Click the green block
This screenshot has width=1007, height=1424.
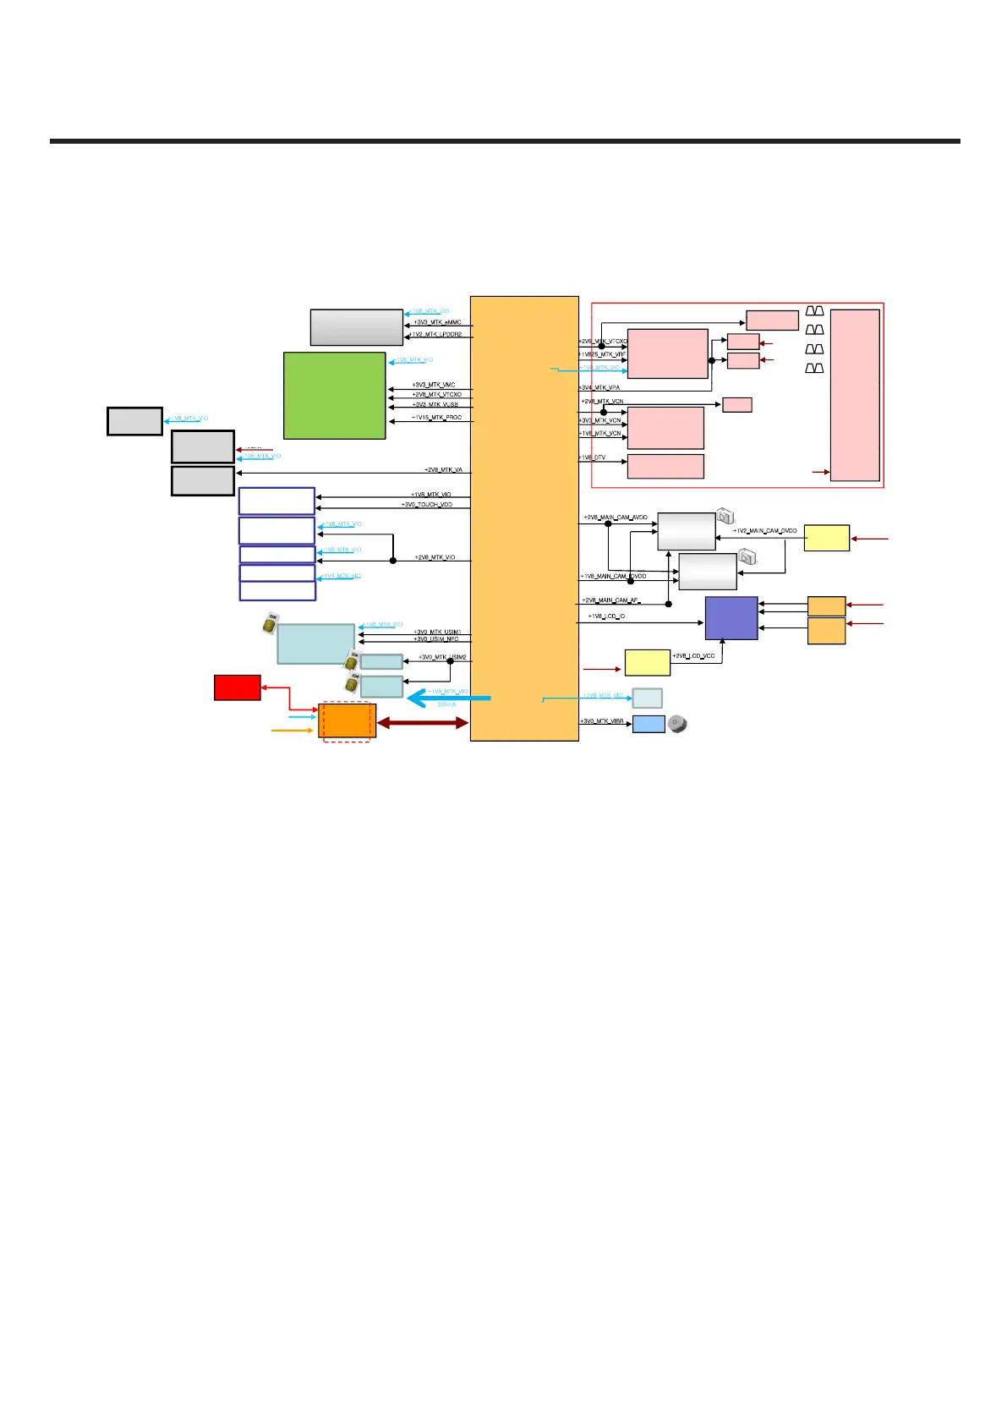[334, 395]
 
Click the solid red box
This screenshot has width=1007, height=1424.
[237, 687]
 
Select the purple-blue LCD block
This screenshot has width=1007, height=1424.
[731, 618]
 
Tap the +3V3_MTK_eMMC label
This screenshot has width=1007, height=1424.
[437, 322]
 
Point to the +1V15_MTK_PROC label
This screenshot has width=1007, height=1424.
[436, 418]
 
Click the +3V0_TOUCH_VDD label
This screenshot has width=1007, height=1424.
[426, 505]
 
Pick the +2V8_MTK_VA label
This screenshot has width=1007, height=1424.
[443, 470]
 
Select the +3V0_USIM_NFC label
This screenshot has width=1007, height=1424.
[436, 639]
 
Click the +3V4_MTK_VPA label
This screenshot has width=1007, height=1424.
[599, 387]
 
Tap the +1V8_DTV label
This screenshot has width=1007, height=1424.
[592, 457]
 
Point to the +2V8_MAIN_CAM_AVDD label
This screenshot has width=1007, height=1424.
[615, 518]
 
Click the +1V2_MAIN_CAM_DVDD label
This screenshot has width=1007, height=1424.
[764, 531]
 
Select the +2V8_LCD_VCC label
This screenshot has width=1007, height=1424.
[693, 656]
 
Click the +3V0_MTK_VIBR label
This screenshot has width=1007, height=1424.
[602, 721]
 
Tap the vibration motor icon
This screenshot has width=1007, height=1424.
[677, 724]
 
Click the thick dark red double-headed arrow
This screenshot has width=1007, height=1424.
[422, 723]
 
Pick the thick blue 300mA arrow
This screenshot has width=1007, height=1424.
[448, 698]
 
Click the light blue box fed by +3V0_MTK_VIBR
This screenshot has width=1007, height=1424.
[649, 724]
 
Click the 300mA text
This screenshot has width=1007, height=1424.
[446, 704]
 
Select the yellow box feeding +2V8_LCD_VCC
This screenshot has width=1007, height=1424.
[647, 662]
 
